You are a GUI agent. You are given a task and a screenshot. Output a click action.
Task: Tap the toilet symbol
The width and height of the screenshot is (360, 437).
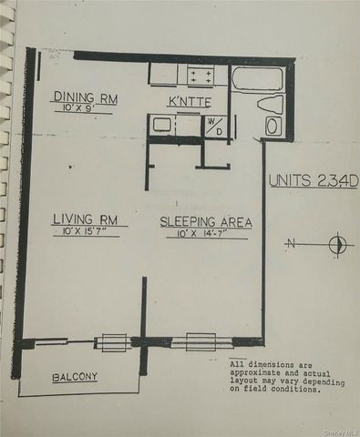point(271,104)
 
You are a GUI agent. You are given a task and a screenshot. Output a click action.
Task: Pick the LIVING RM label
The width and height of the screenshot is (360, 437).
point(84,218)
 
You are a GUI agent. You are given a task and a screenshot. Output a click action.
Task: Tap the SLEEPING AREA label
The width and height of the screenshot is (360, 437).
point(205,222)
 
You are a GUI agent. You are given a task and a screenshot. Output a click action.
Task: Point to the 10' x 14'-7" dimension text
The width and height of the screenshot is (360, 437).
point(205,234)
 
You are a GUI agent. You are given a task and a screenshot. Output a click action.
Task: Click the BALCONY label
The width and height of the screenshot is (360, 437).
point(75,376)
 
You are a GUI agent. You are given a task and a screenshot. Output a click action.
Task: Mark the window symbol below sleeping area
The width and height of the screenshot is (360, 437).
point(201,341)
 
